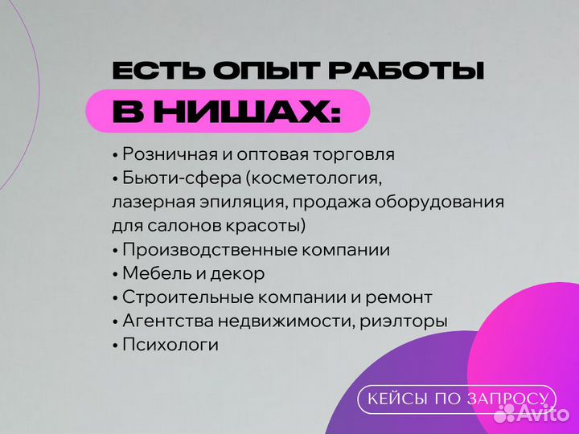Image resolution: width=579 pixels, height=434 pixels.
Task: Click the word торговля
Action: (355, 154)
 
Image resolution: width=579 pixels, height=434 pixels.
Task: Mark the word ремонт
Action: (399, 297)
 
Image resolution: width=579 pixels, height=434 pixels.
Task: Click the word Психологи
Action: (170, 345)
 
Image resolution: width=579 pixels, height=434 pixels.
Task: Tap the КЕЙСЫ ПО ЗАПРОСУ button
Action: (457, 399)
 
